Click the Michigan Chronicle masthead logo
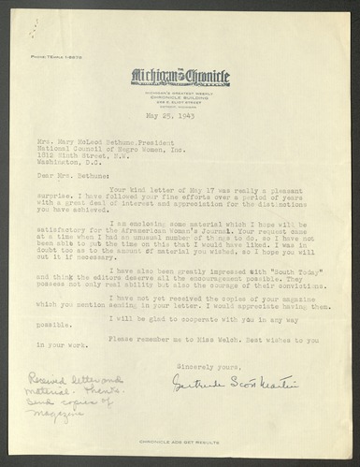pos(180,49)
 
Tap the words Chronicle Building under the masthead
pos(180,66)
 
